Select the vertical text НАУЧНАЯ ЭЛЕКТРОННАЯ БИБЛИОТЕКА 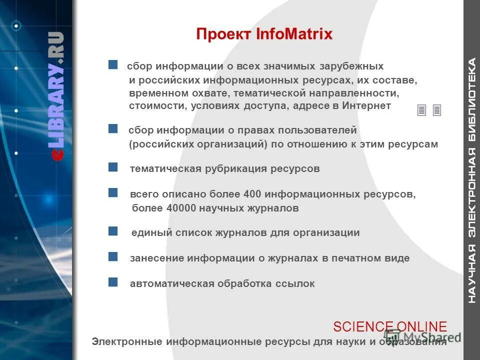471,180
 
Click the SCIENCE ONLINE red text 390,326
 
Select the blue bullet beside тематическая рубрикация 113,166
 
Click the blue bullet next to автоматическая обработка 113,282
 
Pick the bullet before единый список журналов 113,231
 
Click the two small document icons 429,110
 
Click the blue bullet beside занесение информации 113,256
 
